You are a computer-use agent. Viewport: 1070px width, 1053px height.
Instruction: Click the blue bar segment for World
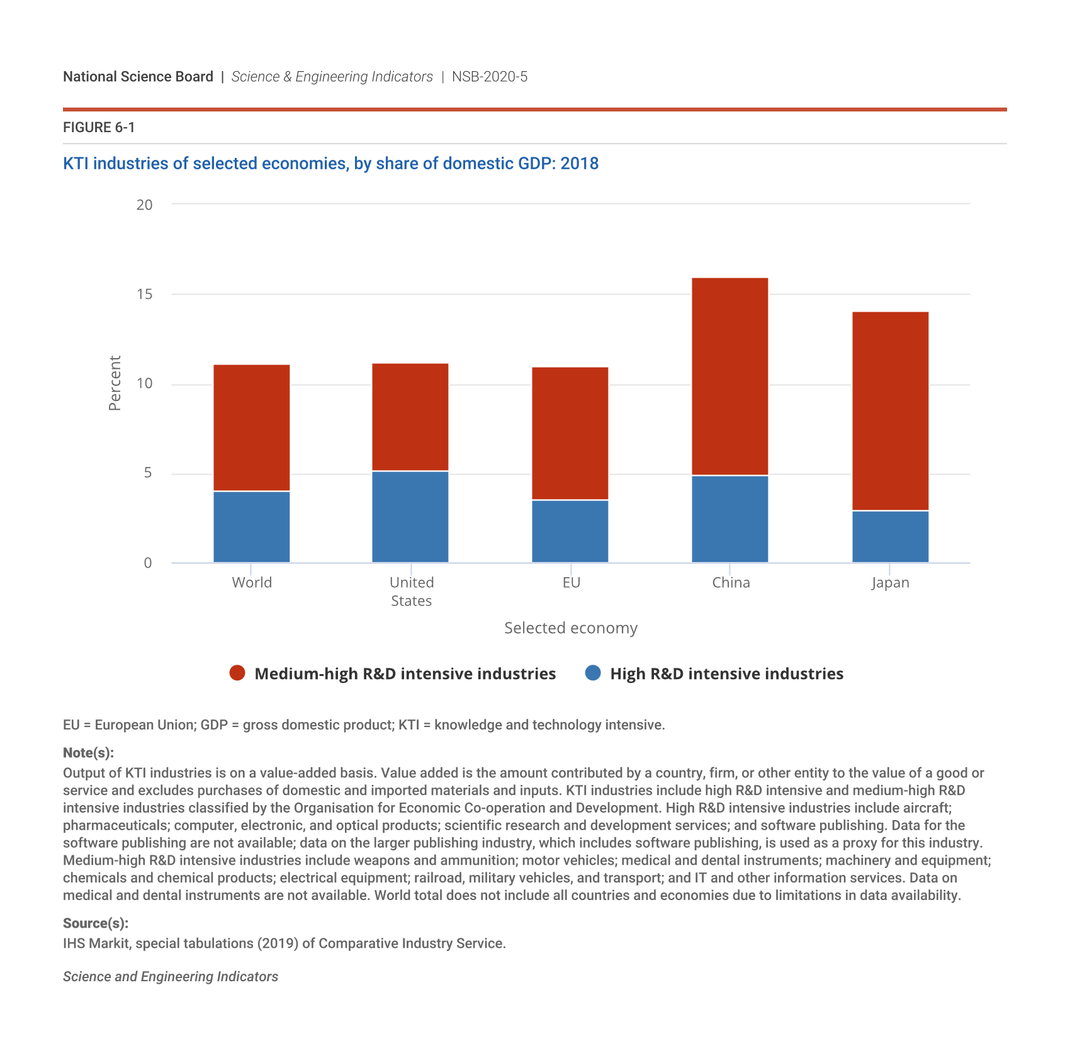tap(252, 527)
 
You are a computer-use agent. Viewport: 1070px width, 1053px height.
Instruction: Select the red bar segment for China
tap(729, 376)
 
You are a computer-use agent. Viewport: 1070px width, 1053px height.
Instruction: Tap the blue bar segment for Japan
tap(890, 537)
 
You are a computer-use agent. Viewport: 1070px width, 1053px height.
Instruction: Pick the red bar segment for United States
tap(410, 417)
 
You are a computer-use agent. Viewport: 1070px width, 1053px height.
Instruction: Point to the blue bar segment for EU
tap(570, 531)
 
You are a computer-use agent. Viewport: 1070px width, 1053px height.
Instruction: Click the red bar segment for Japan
tap(890, 411)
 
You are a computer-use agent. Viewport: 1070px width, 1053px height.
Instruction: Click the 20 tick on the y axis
tap(145, 205)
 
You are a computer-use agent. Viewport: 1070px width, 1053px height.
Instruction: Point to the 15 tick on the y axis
tap(145, 294)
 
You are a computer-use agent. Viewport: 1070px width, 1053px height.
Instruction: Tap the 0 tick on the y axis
tap(148, 563)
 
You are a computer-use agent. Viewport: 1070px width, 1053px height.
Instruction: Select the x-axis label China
tap(731, 583)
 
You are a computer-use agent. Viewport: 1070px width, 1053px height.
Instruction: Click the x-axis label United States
tap(411, 592)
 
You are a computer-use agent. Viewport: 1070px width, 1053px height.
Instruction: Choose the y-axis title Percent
tap(115, 383)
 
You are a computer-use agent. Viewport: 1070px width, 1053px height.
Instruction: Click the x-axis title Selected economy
tap(571, 628)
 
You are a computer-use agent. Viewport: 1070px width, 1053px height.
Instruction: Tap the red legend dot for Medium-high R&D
tap(237, 673)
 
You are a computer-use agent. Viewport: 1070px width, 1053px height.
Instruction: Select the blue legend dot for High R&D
tap(593, 673)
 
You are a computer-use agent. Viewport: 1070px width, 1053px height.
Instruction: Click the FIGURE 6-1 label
tap(99, 128)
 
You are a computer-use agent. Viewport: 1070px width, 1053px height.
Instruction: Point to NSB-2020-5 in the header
tap(490, 77)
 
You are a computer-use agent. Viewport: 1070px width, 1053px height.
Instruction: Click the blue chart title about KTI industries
tap(330, 164)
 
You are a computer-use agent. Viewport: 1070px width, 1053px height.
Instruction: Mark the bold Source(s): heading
tap(96, 923)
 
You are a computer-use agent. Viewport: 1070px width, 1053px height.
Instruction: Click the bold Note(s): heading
tap(88, 753)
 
